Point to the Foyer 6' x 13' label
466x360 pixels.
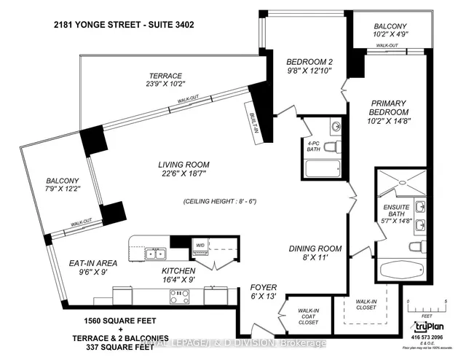(264, 290)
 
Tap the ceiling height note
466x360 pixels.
(219, 201)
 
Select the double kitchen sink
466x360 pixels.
(154, 254)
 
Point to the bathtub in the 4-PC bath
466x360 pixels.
(319, 173)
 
